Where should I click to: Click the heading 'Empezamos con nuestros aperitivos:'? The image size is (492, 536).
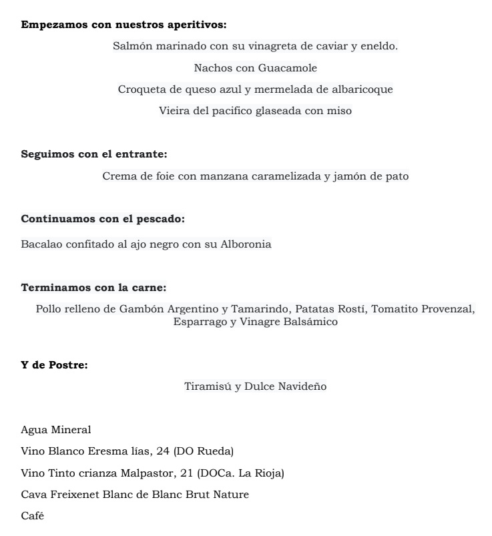pos(124,25)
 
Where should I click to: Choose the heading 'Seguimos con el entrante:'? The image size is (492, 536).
pos(94,154)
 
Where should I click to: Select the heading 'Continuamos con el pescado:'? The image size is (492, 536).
pos(103,219)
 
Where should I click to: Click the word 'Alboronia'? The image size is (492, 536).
pos(246,244)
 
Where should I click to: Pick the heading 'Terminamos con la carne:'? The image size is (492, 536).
pos(93,288)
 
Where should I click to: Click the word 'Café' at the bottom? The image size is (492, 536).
pos(33,515)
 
